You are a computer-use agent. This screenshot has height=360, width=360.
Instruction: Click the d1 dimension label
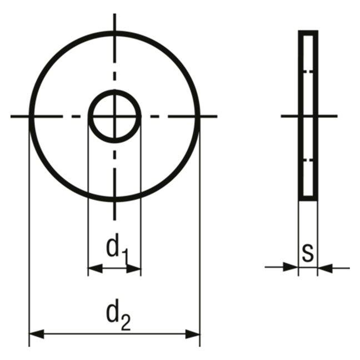[x=117, y=249]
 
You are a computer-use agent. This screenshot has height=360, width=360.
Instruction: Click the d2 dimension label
[x=118, y=314]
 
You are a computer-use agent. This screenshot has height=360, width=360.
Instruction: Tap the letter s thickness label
[x=308, y=253]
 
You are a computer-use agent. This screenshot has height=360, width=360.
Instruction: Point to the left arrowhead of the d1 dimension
[x=96, y=268]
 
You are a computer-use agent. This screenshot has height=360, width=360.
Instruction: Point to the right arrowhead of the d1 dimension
[x=134, y=268]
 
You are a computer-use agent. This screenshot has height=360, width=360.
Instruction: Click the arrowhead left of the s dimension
[x=291, y=267]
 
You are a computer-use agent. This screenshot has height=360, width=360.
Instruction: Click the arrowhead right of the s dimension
[x=326, y=268]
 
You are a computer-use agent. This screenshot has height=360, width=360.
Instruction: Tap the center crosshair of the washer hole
[x=115, y=117]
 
